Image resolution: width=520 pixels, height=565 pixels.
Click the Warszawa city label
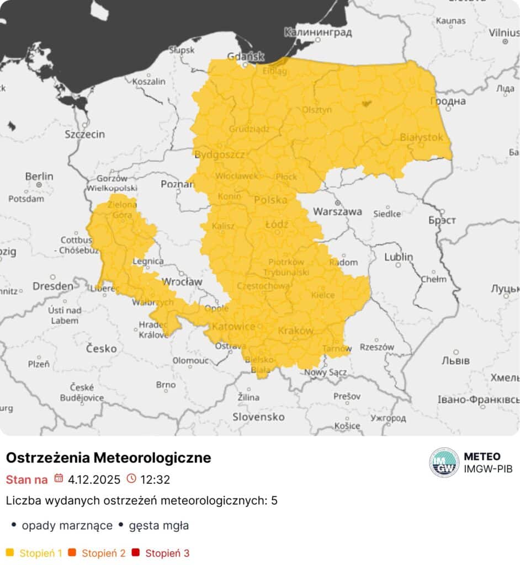coord(337,211)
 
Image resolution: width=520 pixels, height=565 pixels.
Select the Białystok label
coord(421,137)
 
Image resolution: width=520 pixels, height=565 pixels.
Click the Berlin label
coord(39,177)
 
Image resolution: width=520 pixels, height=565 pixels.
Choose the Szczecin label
coord(84,134)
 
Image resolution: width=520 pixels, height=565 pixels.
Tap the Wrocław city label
coord(182,282)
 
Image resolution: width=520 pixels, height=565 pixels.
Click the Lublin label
coord(399,257)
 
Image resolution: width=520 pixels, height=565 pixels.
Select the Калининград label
coord(317,33)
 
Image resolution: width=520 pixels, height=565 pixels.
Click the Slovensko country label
coord(258,417)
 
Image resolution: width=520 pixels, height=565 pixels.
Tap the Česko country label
coord(101,348)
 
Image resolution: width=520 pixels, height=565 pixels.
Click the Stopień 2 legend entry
coord(104,553)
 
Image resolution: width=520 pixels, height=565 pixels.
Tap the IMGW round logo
coord(444,462)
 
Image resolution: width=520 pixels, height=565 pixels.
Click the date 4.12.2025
coord(94,479)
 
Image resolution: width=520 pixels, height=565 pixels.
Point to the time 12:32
coord(155,479)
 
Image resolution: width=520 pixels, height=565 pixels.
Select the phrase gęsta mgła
coord(159,525)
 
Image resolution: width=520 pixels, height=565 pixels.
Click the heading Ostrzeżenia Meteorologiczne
coord(108,458)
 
